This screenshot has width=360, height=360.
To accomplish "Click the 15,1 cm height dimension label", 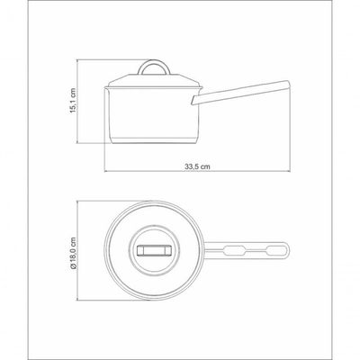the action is (73, 101).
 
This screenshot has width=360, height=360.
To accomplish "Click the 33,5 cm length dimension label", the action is (197, 166).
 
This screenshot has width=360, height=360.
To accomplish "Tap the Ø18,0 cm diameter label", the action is (73, 253).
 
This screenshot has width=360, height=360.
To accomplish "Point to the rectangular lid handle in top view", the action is (154, 250).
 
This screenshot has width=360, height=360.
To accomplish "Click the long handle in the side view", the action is (240, 93).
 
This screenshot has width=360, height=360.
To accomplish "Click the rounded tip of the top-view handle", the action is (288, 250).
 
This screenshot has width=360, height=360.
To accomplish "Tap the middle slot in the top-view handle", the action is (235, 250).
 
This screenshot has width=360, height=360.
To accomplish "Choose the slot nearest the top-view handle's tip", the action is (275, 250).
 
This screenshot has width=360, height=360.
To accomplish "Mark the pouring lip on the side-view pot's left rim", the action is (106, 88).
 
